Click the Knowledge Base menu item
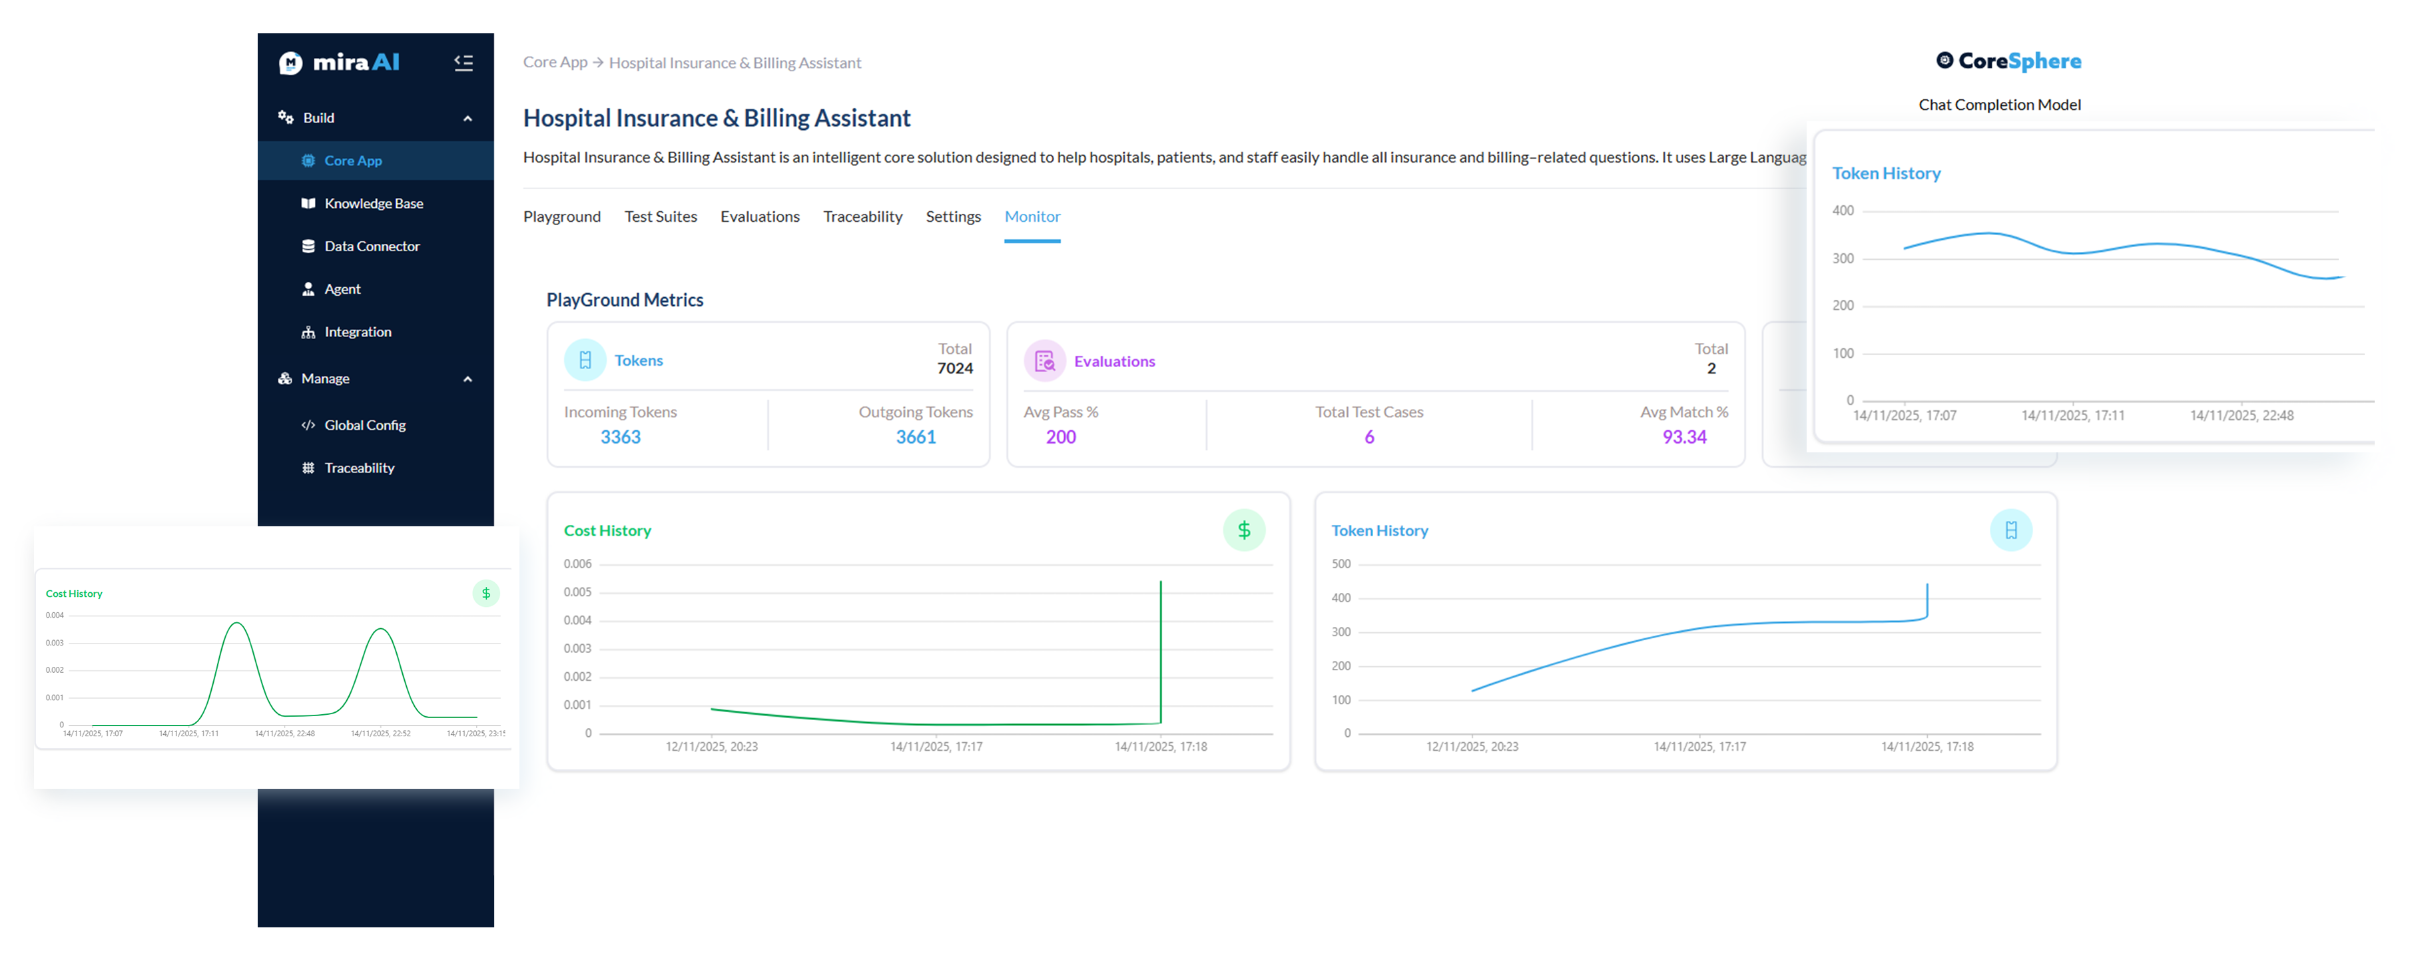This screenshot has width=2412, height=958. click(373, 203)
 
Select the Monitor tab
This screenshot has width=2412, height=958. click(1032, 217)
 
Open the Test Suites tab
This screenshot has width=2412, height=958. click(660, 217)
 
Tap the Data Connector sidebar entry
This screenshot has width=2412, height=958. click(371, 246)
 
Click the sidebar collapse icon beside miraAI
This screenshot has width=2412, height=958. click(463, 63)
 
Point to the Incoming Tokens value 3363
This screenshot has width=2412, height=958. click(620, 437)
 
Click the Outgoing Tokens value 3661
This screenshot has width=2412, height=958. click(915, 437)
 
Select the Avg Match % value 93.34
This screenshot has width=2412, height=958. click(1683, 437)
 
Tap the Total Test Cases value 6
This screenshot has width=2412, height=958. click(1369, 437)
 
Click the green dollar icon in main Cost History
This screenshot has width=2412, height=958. click(1243, 530)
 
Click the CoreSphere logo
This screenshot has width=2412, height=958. click(2008, 61)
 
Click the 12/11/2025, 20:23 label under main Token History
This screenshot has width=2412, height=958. click(1472, 746)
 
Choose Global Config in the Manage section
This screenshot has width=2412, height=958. click(364, 425)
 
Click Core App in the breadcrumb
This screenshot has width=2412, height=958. click(554, 62)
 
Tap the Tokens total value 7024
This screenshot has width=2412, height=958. click(954, 368)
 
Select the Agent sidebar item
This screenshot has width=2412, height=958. click(342, 289)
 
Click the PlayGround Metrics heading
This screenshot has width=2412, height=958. click(625, 300)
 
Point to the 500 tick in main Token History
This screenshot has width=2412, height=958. click(1341, 564)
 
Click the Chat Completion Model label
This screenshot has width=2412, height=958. click(1999, 105)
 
